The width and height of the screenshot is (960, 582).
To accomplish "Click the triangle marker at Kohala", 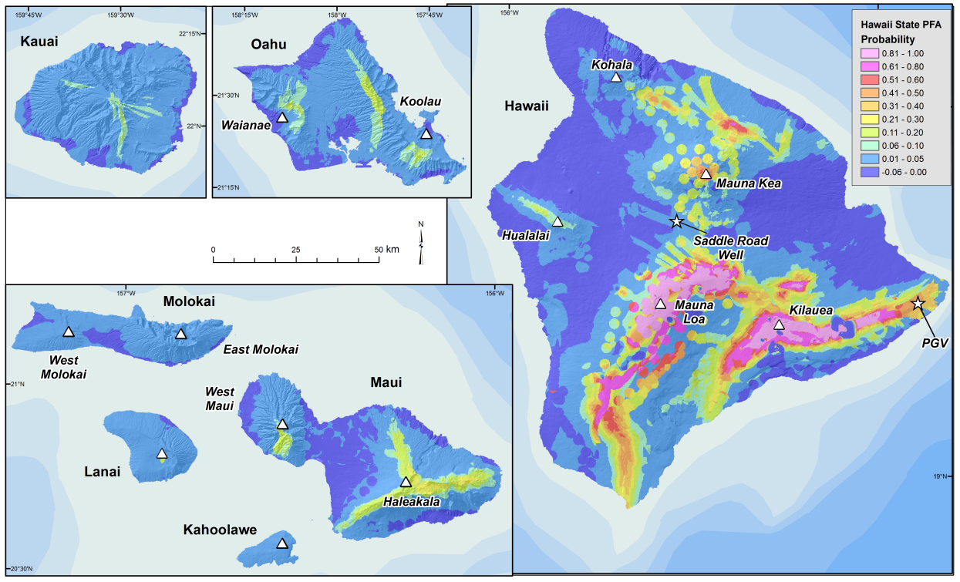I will [615, 77].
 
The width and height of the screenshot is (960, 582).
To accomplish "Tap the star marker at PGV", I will [918, 304].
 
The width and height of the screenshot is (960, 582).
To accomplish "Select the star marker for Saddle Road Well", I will [676, 222].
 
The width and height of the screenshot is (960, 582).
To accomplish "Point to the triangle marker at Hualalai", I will [557, 222].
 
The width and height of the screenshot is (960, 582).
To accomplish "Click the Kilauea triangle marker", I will [779, 325].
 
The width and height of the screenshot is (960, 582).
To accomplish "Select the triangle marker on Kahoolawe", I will [282, 543].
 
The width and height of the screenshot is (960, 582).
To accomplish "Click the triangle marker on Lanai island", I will [161, 453].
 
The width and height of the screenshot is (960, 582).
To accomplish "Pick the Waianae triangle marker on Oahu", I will [282, 117].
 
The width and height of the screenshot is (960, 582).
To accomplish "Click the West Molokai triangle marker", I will [68, 331].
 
